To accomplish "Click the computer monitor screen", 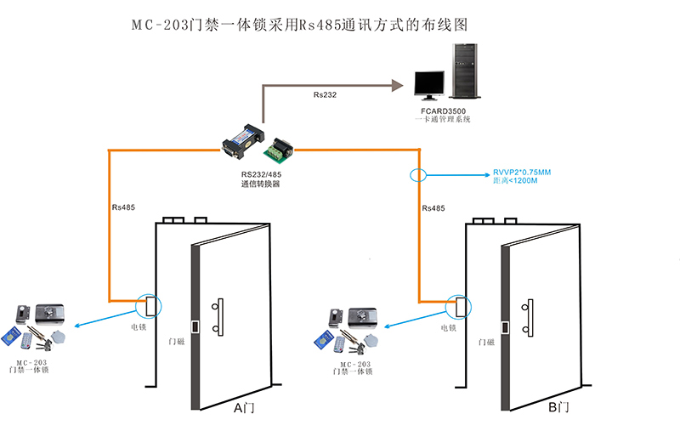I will pyautogui.click(x=429, y=83).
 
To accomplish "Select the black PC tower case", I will pyautogui.click(x=463, y=71).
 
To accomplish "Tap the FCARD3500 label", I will pyautogui.click(x=443, y=111).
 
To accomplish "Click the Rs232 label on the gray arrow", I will pyautogui.click(x=325, y=94).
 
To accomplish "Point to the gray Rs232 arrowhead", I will pyautogui.click(x=396, y=84).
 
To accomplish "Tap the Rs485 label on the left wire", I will pyautogui.click(x=122, y=207).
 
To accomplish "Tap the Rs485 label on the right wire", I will pyautogui.click(x=433, y=207).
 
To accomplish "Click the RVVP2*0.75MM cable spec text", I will pyautogui.click(x=522, y=172).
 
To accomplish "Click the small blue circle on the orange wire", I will pyautogui.click(x=417, y=176).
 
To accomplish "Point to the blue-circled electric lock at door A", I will pyautogui.click(x=149, y=303).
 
